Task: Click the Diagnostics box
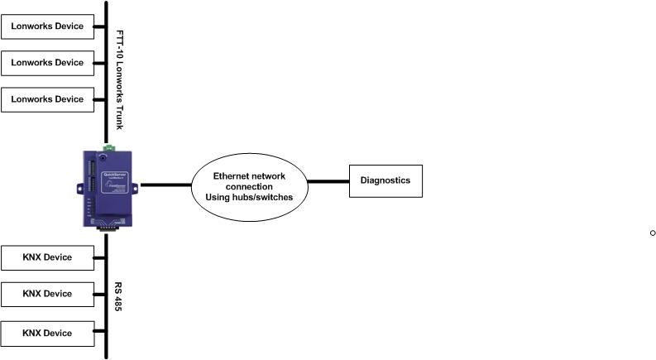385,180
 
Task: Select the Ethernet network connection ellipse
248,186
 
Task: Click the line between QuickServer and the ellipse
165,185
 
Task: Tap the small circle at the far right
652,233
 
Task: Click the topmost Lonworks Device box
47,26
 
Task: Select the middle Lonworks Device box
47,63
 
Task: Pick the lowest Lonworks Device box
47,99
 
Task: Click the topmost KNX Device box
47,257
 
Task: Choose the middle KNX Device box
47,294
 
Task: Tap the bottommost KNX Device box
47,334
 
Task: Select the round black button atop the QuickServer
102,155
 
